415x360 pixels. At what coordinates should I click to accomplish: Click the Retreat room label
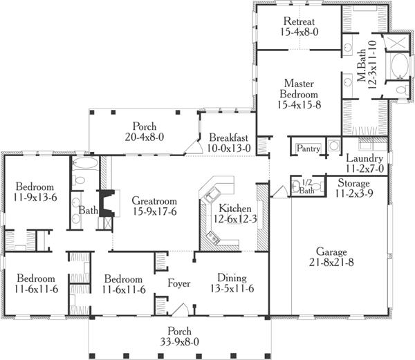click(299, 21)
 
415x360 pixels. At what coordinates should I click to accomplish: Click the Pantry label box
click(306, 148)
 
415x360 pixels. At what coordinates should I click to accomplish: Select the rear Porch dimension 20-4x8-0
click(145, 137)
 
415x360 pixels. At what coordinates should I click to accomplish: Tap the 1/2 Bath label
click(307, 187)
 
